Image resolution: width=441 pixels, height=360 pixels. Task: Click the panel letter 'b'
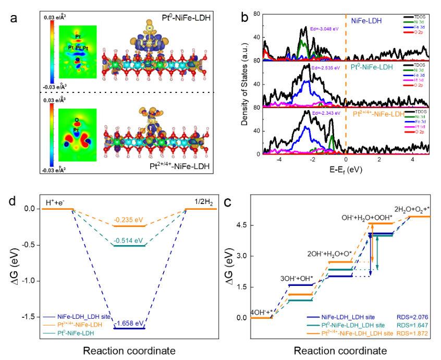(245, 17)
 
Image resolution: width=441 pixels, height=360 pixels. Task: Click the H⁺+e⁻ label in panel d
(53, 201)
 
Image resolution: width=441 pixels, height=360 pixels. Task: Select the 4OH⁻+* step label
(261, 312)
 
